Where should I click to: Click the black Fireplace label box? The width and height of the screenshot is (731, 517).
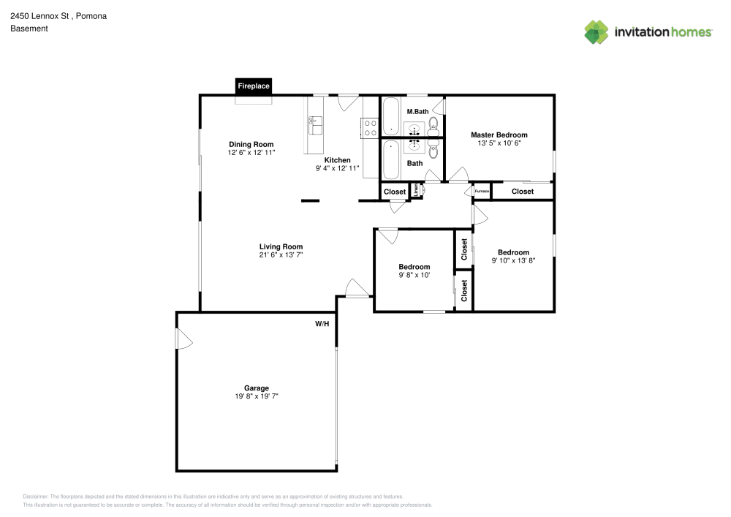pos(254,86)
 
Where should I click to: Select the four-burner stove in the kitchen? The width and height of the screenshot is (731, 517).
pos(370,128)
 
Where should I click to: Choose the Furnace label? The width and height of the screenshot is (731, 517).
pos(481,192)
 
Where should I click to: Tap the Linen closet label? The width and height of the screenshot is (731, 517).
pos(417,190)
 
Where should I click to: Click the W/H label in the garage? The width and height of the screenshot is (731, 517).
pos(322,323)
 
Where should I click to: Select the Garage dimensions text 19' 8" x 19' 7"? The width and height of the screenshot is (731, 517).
pos(257,396)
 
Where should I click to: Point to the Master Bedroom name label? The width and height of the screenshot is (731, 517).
pos(499,135)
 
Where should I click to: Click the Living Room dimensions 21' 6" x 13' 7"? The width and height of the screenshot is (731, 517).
pos(280,254)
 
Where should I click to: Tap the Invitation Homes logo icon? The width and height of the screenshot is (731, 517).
pos(596,32)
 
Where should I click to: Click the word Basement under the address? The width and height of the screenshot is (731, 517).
pos(29,29)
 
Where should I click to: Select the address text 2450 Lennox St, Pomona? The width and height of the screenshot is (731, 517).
pos(58,15)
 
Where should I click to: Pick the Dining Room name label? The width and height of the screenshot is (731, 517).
pos(251,145)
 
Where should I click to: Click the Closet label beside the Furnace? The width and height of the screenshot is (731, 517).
pos(522,192)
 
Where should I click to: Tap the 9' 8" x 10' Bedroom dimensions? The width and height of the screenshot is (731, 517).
pos(414,275)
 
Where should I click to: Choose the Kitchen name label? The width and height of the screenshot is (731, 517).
pos(337,160)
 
